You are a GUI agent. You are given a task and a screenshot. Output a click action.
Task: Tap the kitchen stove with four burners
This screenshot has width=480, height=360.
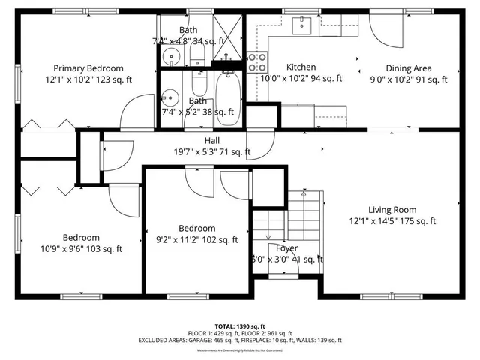click(256, 61)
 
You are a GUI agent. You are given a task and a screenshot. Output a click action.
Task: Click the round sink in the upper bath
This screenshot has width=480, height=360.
click(170, 58)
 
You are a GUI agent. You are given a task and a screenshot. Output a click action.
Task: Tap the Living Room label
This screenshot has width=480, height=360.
click(392, 210)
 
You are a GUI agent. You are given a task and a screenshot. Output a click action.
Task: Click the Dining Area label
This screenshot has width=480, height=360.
click(409, 67)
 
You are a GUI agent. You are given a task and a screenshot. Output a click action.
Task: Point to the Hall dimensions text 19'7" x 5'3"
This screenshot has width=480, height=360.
click(212, 152)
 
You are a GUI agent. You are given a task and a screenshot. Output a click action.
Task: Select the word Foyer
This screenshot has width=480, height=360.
click(286, 248)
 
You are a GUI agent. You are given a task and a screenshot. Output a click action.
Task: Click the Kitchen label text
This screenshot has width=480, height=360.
click(301, 67)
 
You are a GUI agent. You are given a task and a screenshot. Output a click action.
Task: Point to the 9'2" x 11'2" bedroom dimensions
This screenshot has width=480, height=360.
click(197, 240)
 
